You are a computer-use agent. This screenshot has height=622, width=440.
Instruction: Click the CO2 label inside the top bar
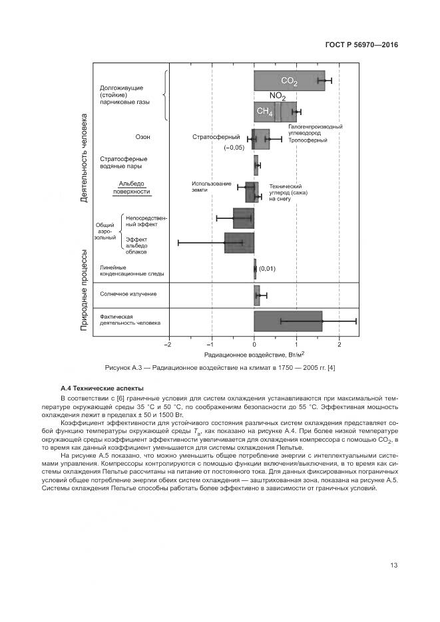289,81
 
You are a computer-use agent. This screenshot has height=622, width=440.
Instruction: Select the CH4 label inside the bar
264,112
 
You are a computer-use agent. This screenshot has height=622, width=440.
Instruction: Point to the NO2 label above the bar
278,96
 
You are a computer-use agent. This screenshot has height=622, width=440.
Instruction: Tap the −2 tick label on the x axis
168,345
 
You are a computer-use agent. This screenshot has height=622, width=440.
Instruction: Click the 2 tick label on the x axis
339,345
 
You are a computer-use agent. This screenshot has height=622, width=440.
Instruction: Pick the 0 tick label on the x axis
254,345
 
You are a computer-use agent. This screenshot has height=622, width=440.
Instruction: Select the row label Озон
142,137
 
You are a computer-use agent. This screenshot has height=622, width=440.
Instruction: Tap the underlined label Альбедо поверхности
131,187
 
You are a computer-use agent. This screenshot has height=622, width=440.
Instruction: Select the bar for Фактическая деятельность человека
288,321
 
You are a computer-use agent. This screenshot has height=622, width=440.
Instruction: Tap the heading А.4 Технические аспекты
102,388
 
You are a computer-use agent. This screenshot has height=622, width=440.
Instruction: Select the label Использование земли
212,187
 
